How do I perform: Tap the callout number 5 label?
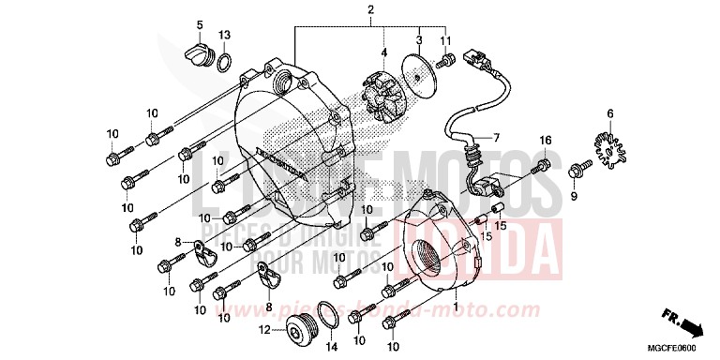pos(199,22)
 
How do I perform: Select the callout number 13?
pos(224,35)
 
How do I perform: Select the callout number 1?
pos(457,306)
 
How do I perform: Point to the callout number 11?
pos(446,39)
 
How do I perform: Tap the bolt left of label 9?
pos(552,171)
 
